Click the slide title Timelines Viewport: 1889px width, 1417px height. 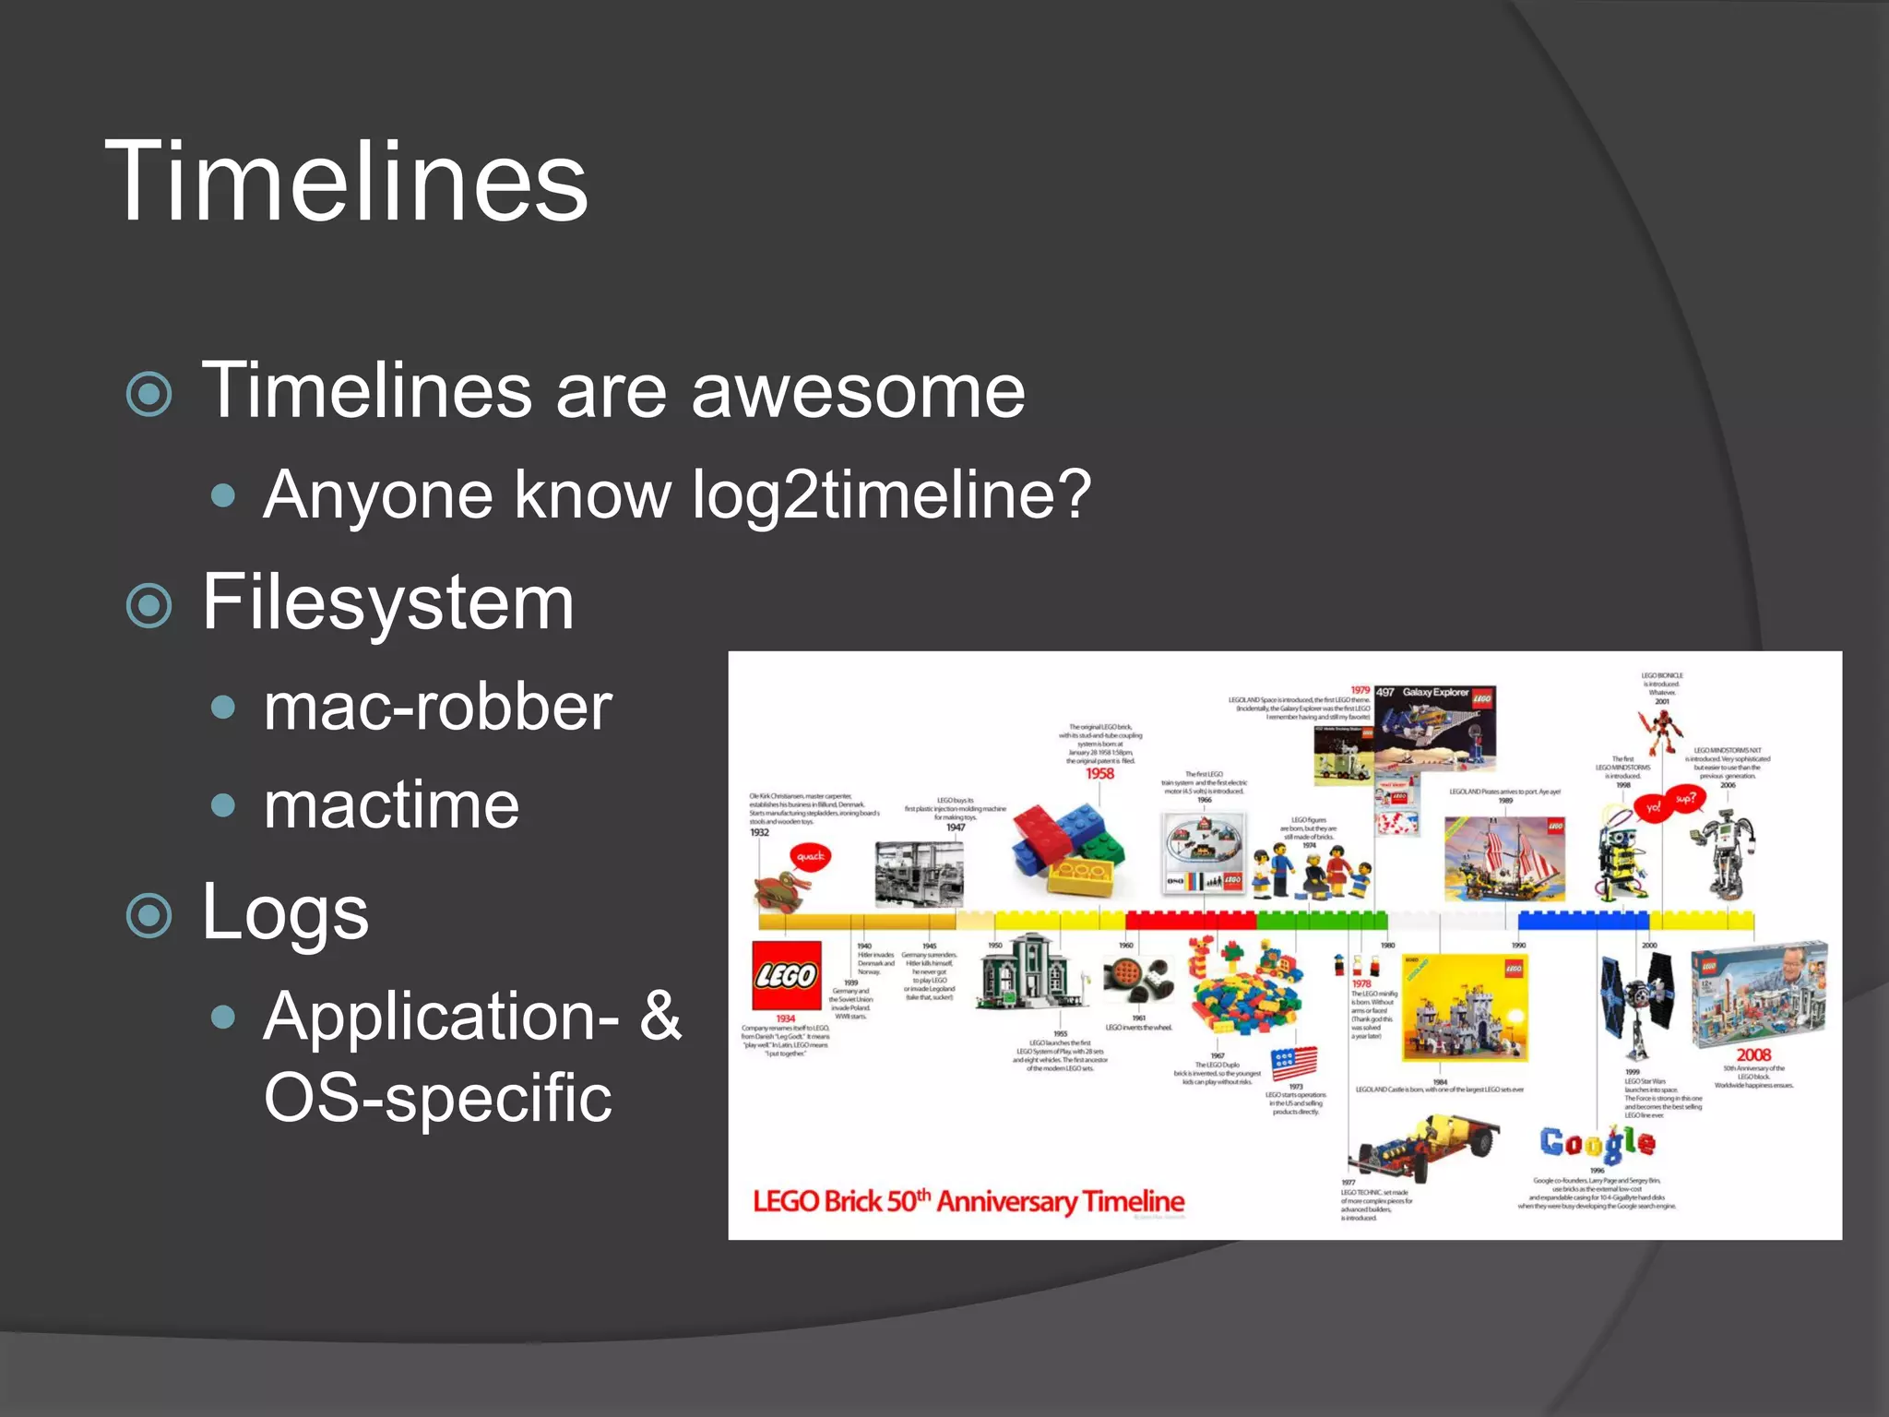pyautogui.click(x=346, y=182)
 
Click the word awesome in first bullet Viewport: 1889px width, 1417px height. pyautogui.click(x=858, y=391)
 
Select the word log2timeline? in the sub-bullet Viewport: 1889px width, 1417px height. pyautogui.click(x=891, y=495)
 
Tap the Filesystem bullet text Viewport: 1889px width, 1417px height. pyautogui.click(x=387, y=602)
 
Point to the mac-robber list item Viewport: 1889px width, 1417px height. pyautogui.click(x=437, y=708)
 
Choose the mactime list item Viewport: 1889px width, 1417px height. pyautogui.click(x=391, y=805)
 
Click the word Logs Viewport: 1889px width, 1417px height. pyautogui.click(x=285, y=911)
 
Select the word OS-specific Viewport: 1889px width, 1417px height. pyautogui.click(x=437, y=1098)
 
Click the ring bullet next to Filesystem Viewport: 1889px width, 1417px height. pyautogui.click(x=149, y=606)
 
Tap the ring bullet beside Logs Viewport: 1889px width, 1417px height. pyautogui.click(x=149, y=916)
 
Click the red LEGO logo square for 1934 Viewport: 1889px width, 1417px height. pyautogui.click(x=786, y=976)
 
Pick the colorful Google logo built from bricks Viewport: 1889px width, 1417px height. pyautogui.click(x=1598, y=1143)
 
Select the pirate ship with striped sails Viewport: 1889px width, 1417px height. pyautogui.click(x=1504, y=860)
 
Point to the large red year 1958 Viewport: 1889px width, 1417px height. pyautogui.click(x=1099, y=774)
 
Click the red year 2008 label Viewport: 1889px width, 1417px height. pyautogui.click(x=1753, y=1054)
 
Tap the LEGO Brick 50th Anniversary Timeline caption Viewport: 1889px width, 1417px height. pyautogui.click(x=968, y=1201)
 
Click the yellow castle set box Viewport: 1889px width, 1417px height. pyautogui.click(x=1464, y=1008)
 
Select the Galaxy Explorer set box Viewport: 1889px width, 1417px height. pyautogui.click(x=1434, y=729)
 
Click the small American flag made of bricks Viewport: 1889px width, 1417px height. pyautogui.click(x=1294, y=1063)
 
